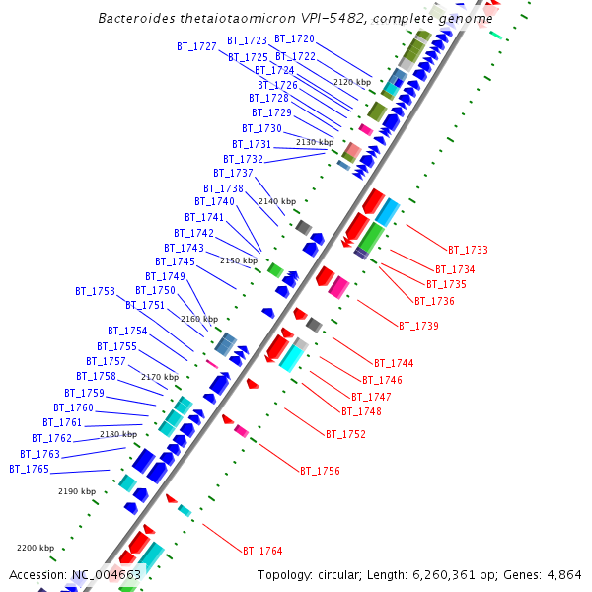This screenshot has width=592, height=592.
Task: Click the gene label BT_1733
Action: [468, 251]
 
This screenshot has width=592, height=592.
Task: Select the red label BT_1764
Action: [262, 551]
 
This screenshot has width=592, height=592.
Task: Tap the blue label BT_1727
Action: [196, 47]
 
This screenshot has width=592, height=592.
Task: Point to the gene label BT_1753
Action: [95, 292]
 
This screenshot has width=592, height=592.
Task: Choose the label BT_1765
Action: [29, 470]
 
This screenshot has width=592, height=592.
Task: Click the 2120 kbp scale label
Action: [352, 83]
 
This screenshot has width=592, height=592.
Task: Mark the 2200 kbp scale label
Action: [36, 548]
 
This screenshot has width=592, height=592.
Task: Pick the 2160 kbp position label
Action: [199, 320]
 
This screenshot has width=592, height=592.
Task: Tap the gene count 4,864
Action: [562, 575]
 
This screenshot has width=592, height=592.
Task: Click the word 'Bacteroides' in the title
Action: [133, 19]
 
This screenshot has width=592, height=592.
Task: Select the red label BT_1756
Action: [320, 472]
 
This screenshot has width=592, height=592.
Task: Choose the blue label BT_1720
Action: [295, 39]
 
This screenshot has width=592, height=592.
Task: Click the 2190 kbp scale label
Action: [77, 491]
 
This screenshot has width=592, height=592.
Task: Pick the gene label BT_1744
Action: [394, 364]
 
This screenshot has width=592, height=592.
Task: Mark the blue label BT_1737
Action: [233, 174]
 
